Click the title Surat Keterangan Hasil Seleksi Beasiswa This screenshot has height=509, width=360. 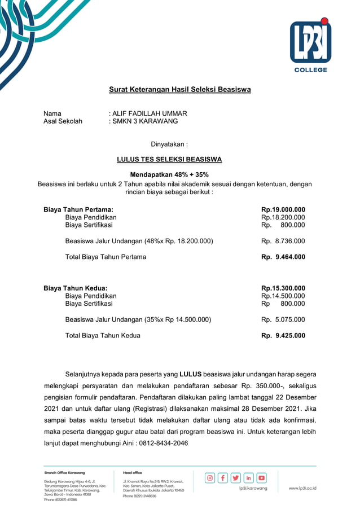point(179,90)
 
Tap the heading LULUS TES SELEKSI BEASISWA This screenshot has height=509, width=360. point(169,160)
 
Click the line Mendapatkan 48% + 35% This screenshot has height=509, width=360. point(169,175)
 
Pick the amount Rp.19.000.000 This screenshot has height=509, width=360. point(283,209)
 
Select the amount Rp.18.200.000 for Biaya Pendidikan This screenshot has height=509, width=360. point(283,217)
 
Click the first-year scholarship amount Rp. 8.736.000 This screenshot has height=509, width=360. point(283,241)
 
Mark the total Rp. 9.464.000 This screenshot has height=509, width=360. point(283,257)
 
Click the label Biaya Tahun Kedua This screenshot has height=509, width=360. point(76,288)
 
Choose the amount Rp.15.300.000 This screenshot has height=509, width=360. point(283,288)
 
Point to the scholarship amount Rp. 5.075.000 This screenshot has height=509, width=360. point(283,319)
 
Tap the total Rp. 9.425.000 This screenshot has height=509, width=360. point(283,335)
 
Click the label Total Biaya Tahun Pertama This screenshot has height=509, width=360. point(106,257)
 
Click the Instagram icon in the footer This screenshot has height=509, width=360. point(210,478)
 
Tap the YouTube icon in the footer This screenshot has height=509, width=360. point(262,478)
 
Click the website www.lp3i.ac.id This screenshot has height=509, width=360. point(302,488)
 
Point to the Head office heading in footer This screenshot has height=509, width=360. point(133,472)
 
